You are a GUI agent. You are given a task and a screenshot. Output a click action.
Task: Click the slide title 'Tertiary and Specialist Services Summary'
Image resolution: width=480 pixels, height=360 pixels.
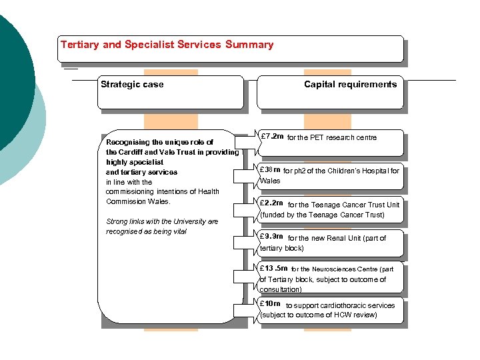(x=167, y=45)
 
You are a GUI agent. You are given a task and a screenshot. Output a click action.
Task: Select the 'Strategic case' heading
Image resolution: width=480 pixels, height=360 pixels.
(x=132, y=84)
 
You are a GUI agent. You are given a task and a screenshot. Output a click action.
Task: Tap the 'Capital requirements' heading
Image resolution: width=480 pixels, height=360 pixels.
(x=350, y=84)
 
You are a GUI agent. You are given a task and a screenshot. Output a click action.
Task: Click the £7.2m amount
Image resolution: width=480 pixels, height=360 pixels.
(x=272, y=137)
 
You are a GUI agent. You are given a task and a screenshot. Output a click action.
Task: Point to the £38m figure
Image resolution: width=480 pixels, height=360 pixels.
(x=270, y=171)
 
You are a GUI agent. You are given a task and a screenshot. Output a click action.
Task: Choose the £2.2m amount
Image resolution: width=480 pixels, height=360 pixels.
(x=272, y=203)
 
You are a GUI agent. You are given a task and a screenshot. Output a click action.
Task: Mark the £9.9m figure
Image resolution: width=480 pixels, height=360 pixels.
(x=272, y=237)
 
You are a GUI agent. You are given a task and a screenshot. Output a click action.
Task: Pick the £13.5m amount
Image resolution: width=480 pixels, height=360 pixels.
(x=273, y=269)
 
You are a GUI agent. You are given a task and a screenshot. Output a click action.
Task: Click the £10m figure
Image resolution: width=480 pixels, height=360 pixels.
(x=270, y=304)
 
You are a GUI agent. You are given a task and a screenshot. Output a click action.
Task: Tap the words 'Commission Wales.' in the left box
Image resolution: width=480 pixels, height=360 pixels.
(x=139, y=201)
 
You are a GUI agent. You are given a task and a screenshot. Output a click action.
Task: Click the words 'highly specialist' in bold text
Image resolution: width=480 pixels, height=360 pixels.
(x=135, y=162)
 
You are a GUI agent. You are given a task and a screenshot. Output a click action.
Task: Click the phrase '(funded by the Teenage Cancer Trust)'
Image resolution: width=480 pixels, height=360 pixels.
(x=322, y=215)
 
